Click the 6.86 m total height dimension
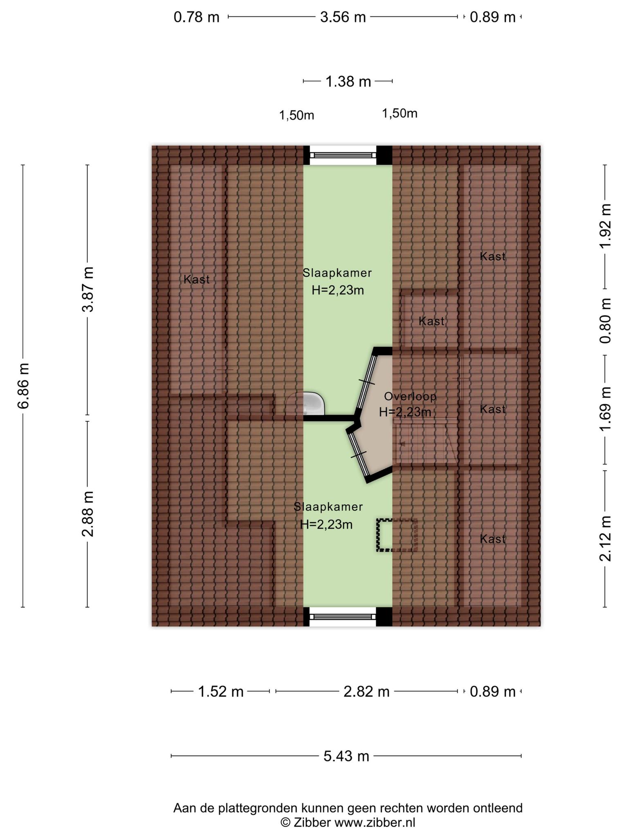[23, 385]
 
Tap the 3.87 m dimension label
[87, 289]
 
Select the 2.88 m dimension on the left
[87, 514]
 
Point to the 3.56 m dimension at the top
[343, 17]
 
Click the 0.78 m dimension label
[197, 17]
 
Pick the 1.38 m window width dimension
[348, 81]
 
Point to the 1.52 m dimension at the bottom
[220, 692]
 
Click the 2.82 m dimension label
[366, 692]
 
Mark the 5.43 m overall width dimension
[346, 756]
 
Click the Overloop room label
[410, 396]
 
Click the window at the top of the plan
[343, 155]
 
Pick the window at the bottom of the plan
[343, 617]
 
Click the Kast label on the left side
[197, 279]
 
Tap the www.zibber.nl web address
[375, 822]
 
